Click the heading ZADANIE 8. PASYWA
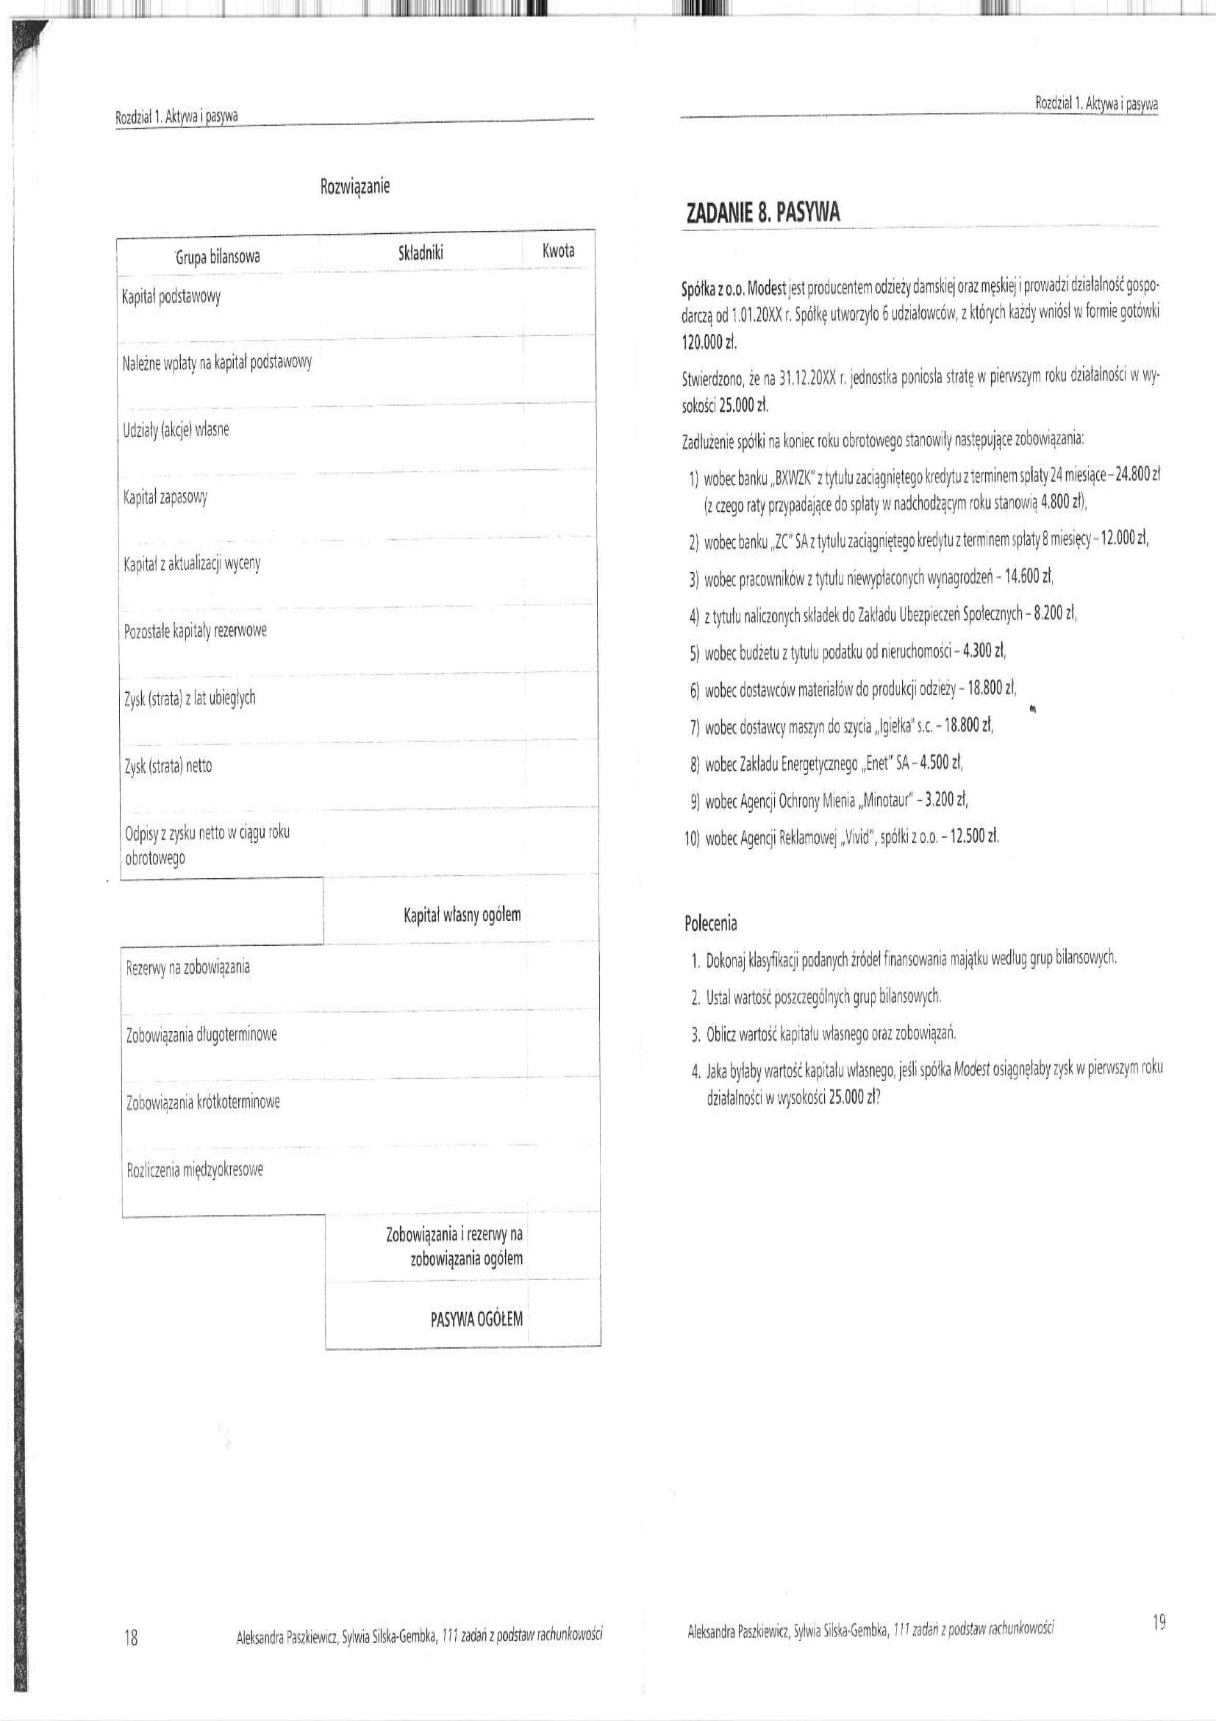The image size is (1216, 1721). tap(763, 213)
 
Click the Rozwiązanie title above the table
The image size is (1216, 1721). tap(354, 186)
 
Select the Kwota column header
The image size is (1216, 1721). tap(558, 251)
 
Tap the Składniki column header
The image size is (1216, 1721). tap(421, 253)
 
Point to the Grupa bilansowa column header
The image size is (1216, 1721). tap(218, 257)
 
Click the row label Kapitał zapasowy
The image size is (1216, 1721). tap(165, 498)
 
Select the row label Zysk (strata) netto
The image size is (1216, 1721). tap(168, 766)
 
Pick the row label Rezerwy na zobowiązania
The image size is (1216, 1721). tap(187, 968)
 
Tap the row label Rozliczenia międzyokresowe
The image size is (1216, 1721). tap(195, 1169)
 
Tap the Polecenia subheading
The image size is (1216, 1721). tap(710, 924)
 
